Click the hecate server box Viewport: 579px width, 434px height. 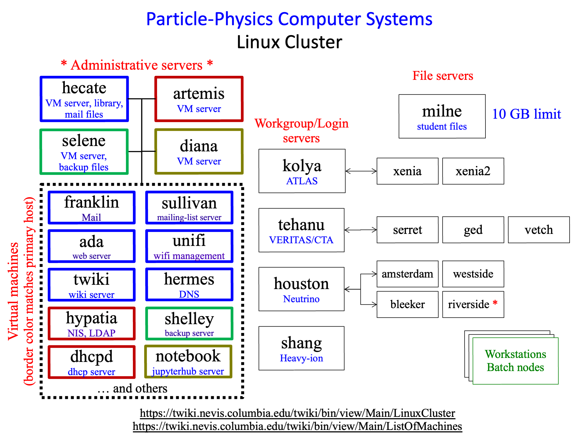pyautogui.click(x=84, y=99)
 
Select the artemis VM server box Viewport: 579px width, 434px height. pyautogui.click(x=199, y=99)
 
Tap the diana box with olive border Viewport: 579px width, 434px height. pyautogui.click(x=199, y=151)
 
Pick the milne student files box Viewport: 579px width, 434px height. pyautogui.click(x=442, y=116)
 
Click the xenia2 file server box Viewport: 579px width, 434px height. pyautogui.click(x=473, y=171)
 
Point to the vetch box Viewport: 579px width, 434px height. pyautogui.click(x=539, y=230)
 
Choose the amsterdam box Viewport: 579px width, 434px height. pyautogui.click(x=407, y=274)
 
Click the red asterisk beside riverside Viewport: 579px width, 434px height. pyautogui.click(x=495, y=303)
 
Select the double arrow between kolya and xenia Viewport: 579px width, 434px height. pyautogui.click(x=361, y=171)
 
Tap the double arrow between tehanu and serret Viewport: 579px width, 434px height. pyautogui.click(x=361, y=230)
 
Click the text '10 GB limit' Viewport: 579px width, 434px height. pyautogui.click(x=526, y=114)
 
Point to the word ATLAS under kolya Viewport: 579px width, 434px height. pyautogui.click(x=302, y=181)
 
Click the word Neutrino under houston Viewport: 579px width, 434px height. pyautogui.click(x=301, y=299)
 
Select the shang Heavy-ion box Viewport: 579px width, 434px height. pyautogui.click(x=302, y=348)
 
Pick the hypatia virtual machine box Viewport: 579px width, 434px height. pyautogui.click(x=92, y=324)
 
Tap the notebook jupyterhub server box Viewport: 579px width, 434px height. pyautogui.click(x=188, y=362)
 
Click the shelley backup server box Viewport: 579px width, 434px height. pyautogui.click(x=189, y=324)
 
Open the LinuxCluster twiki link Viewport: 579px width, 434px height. pyautogui.click(x=298, y=413)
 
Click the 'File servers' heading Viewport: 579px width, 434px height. pyautogui.click(x=443, y=76)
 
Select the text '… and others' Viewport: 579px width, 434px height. pyautogui.click(x=132, y=388)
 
